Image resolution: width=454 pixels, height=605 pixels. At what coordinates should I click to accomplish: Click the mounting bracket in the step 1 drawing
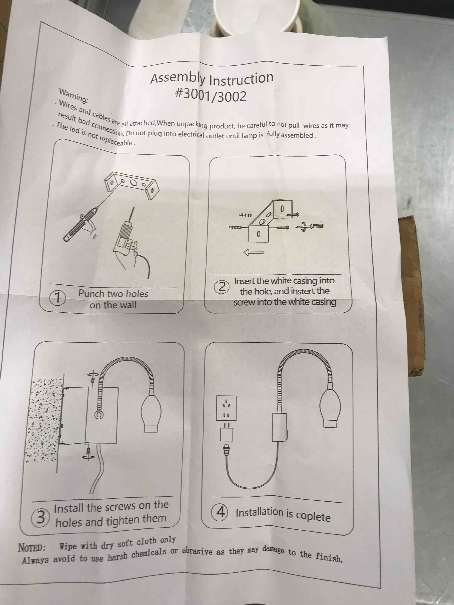[x=131, y=184]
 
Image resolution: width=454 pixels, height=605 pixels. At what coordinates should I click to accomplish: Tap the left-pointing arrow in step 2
[x=253, y=252]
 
